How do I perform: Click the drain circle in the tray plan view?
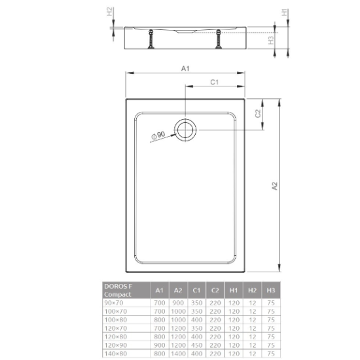click(x=185, y=130)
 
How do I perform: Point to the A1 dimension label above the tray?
click(x=185, y=69)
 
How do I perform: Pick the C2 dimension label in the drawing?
click(x=259, y=113)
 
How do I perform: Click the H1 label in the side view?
click(x=284, y=12)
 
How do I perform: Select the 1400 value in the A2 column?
click(x=177, y=353)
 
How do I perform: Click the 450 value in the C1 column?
click(x=196, y=345)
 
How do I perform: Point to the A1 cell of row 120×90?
click(x=158, y=345)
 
